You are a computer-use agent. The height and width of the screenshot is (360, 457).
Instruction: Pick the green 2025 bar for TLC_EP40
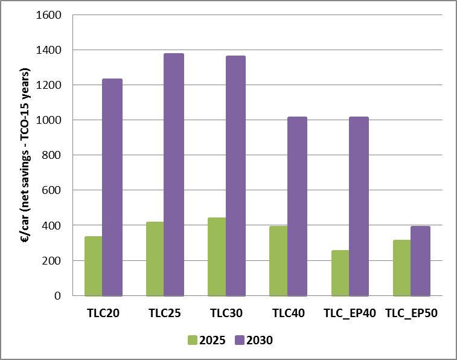pyautogui.click(x=340, y=272)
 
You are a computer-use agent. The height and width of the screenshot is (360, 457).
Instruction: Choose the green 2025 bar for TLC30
pyautogui.click(x=217, y=257)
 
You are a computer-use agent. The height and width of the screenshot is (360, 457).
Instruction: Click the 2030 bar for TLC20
pyautogui.click(x=112, y=187)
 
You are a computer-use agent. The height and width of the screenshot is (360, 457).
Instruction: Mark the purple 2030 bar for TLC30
pyautogui.click(x=235, y=176)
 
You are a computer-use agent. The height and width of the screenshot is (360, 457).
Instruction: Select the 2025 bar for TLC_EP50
pyautogui.click(x=402, y=268)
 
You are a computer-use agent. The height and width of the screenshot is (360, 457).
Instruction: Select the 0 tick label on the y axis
pyautogui.click(x=58, y=296)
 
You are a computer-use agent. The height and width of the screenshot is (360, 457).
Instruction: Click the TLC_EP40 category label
pyautogui.click(x=350, y=313)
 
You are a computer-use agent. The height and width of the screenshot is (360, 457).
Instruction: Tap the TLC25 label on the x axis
pyautogui.click(x=165, y=313)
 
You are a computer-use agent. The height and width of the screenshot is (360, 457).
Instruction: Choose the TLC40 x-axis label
pyautogui.click(x=288, y=313)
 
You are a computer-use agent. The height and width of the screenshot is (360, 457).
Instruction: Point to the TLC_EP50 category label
pyautogui.click(x=411, y=313)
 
